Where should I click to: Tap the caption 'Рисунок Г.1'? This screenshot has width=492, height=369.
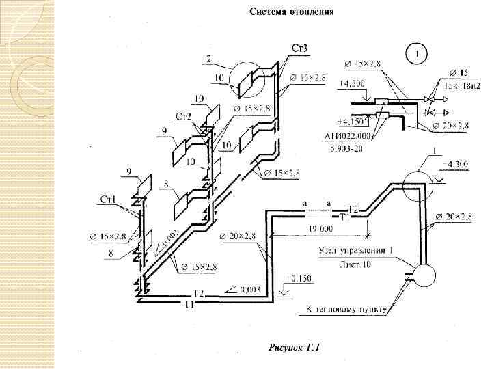[x=295, y=350]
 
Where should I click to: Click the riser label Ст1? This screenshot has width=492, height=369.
[x=109, y=199]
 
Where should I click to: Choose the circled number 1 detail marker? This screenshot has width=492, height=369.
[x=416, y=52]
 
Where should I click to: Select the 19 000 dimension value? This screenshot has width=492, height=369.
[x=320, y=228]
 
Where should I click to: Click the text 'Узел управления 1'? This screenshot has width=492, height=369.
[x=355, y=250]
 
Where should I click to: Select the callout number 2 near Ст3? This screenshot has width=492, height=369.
[x=209, y=59]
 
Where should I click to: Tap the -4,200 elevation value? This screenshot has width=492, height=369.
[x=456, y=163]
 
